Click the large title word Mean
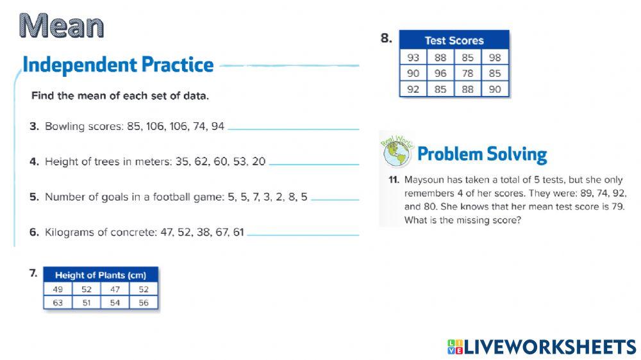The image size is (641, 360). point(62,26)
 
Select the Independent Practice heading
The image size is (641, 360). point(118,65)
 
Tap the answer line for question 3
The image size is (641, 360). point(293,129)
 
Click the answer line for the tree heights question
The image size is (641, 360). point(314,164)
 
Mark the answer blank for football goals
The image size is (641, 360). point(335,200)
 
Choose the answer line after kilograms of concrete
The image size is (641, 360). point(303,235)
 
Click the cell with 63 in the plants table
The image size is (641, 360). point(58,303)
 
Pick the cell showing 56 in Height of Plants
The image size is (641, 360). point(144,303)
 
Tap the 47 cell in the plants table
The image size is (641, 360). point(115,290)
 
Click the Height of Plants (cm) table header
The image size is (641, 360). point(101,275)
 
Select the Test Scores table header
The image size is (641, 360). point(454,40)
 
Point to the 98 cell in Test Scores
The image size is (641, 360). point(495,58)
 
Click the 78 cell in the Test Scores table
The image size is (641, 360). point(468,74)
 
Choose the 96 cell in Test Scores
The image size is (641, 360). point(440,74)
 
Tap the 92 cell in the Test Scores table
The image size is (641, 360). point(413,89)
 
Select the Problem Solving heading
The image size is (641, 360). point(482,154)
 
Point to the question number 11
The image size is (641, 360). point(394,180)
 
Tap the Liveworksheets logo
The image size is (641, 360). point(542,347)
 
